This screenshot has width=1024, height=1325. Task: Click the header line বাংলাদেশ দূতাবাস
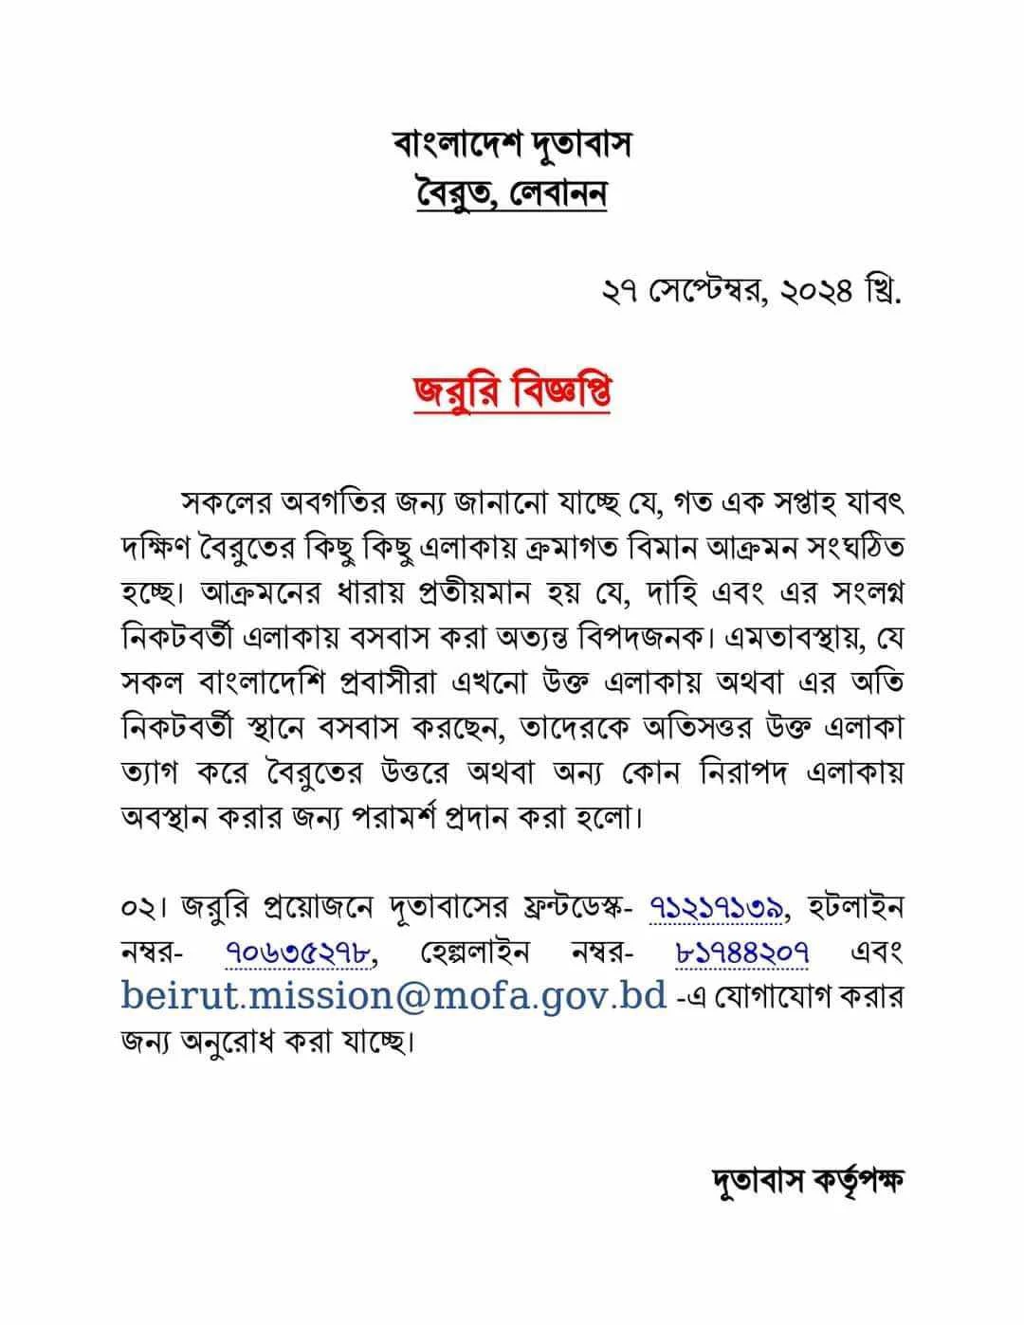(x=511, y=145)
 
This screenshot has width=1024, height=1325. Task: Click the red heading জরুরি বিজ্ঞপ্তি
(x=511, y=392)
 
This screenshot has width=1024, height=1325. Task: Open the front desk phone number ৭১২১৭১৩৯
(x=718, y=907)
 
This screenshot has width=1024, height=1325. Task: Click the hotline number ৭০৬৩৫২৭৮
(x=298, y=953)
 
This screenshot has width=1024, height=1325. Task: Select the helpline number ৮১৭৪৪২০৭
(x=741, y=953)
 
